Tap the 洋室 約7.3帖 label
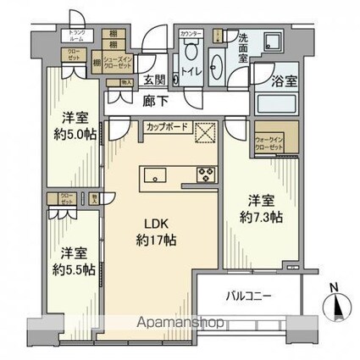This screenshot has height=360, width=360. [259, 208]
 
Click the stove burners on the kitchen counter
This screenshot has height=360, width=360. [206, 175]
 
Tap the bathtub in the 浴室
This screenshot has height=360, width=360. [275, 106]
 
